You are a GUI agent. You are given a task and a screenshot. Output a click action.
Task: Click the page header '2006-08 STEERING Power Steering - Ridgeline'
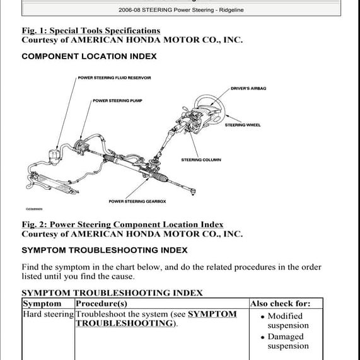pyautogui.click(x=180, y=10)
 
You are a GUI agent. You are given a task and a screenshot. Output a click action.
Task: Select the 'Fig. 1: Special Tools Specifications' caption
pyautogui.click(x=91, y=30)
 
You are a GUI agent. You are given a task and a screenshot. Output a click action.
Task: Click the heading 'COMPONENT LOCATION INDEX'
pyautogui.click(x=89, y=56)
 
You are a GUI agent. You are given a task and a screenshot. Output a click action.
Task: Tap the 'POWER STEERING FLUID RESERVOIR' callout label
pyautogui.click(x=114, y=78)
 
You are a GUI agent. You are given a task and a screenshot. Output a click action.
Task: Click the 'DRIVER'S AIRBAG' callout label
pyautogui.click(x=248, y=88)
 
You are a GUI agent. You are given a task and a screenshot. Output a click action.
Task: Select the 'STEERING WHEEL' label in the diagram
pyautogui.click(x=243, y=125)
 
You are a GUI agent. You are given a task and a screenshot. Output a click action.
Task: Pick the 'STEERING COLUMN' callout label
pyautogui.click(x=201, y=160)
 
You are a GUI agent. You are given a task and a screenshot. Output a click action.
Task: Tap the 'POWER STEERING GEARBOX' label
pyautogui.click(x=137, y=201)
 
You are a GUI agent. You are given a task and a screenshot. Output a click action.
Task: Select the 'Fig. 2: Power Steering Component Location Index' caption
pyautogui.click(x=122, y=224)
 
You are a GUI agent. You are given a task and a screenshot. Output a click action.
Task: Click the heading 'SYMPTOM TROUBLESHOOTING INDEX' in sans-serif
pyautogui.click(x=104, y=250)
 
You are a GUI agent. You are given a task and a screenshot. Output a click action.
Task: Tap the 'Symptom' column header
pyautogui.click(x=42, y=303)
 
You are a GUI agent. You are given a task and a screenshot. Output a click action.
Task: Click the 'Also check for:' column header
pyautogui.click(x=280, y=303)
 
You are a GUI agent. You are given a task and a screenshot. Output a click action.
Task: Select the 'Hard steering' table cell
pyautogui.click(x=48, y=314)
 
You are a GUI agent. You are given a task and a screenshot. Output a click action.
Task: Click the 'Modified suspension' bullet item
pyautogui.click(x=287, y=321)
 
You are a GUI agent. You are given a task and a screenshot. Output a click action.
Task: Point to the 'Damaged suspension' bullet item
pyautogui.click(x=287, y=341)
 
